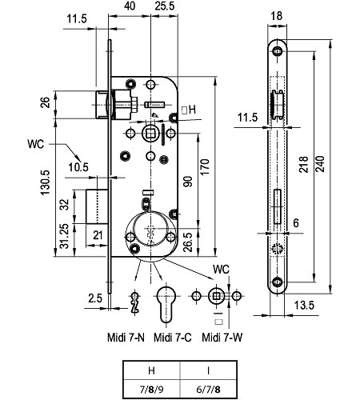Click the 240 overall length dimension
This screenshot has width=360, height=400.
[x=320, y=164]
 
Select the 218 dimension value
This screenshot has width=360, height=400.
[x=303, y=164]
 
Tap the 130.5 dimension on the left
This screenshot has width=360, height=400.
[x=46, y=182]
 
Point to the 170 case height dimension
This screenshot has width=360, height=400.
[x=205, y=167]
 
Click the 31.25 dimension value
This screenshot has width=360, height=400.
[x=64, y=236]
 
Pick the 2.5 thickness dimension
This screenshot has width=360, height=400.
[x=95, y=298]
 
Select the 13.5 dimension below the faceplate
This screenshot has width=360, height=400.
[x=304, y=305]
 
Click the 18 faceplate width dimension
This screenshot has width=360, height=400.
[x=276, y=16]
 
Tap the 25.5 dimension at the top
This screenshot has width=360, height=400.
[x=165, y=6]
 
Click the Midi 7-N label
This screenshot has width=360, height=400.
[x=126, y=338]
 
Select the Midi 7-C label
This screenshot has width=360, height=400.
[x=173, y=338]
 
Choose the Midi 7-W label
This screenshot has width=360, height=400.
[x=222, y=338]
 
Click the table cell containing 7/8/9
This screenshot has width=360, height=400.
[x=151, y=390]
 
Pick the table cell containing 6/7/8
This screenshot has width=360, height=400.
[x=209, y=390]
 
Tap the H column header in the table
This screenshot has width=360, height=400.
[x=151, y=370]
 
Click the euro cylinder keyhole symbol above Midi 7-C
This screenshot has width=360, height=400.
[x=166, y=304]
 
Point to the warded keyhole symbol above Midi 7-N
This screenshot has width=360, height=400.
[x=135, y=302]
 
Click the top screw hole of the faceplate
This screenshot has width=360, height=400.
[x=278, y=50]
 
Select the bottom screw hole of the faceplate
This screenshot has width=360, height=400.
[x=278, y=282]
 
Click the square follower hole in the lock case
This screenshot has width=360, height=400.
[x=150, y=133]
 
